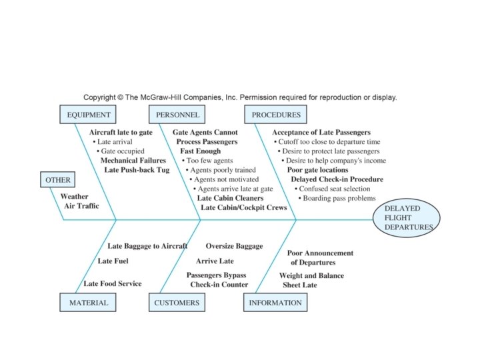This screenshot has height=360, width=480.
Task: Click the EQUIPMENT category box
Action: click(x=88, y=115)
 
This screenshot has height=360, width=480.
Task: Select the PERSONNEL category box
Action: click(x=177, y=115)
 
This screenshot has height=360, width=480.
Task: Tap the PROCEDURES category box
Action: click(x=275, y=115)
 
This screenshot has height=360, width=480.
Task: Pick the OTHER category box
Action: click(x=57, y=180)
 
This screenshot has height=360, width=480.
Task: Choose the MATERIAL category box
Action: click(x=88, y=303)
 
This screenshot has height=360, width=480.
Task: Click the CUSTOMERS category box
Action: click(x=177, y=303)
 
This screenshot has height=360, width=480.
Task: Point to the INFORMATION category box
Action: click(x=275, y=303)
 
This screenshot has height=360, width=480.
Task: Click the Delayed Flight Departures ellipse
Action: click(x=407, y=218)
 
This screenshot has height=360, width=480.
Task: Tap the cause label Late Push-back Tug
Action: click(x=137, y=170)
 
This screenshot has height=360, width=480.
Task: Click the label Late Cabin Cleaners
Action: click(x=230, y=198)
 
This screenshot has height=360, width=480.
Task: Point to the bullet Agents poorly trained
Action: click(x=221, y=170)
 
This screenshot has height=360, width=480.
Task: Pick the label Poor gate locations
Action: click(x=317, y=170)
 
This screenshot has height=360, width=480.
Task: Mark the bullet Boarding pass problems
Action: click(x=337, y=198)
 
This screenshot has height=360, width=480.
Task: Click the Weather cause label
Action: click(x=75, y=197)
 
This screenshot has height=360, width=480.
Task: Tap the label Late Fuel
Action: click(x=113, y=261)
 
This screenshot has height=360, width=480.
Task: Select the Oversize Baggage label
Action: click(x=234, y=246)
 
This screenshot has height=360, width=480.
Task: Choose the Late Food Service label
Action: click(x=113, y=284)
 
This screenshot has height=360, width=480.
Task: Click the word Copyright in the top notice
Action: click(x=99, y=97)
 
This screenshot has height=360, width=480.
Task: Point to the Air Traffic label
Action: click(x=81, y=206)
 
